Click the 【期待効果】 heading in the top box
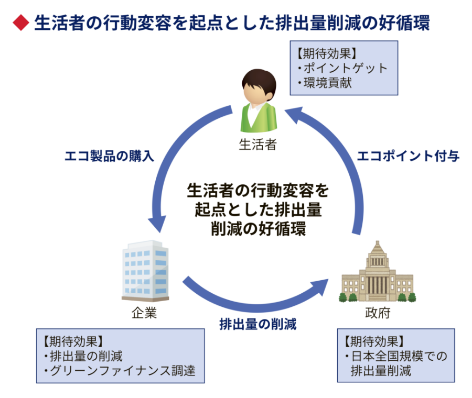pyautogui.click(x=326, y=53)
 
